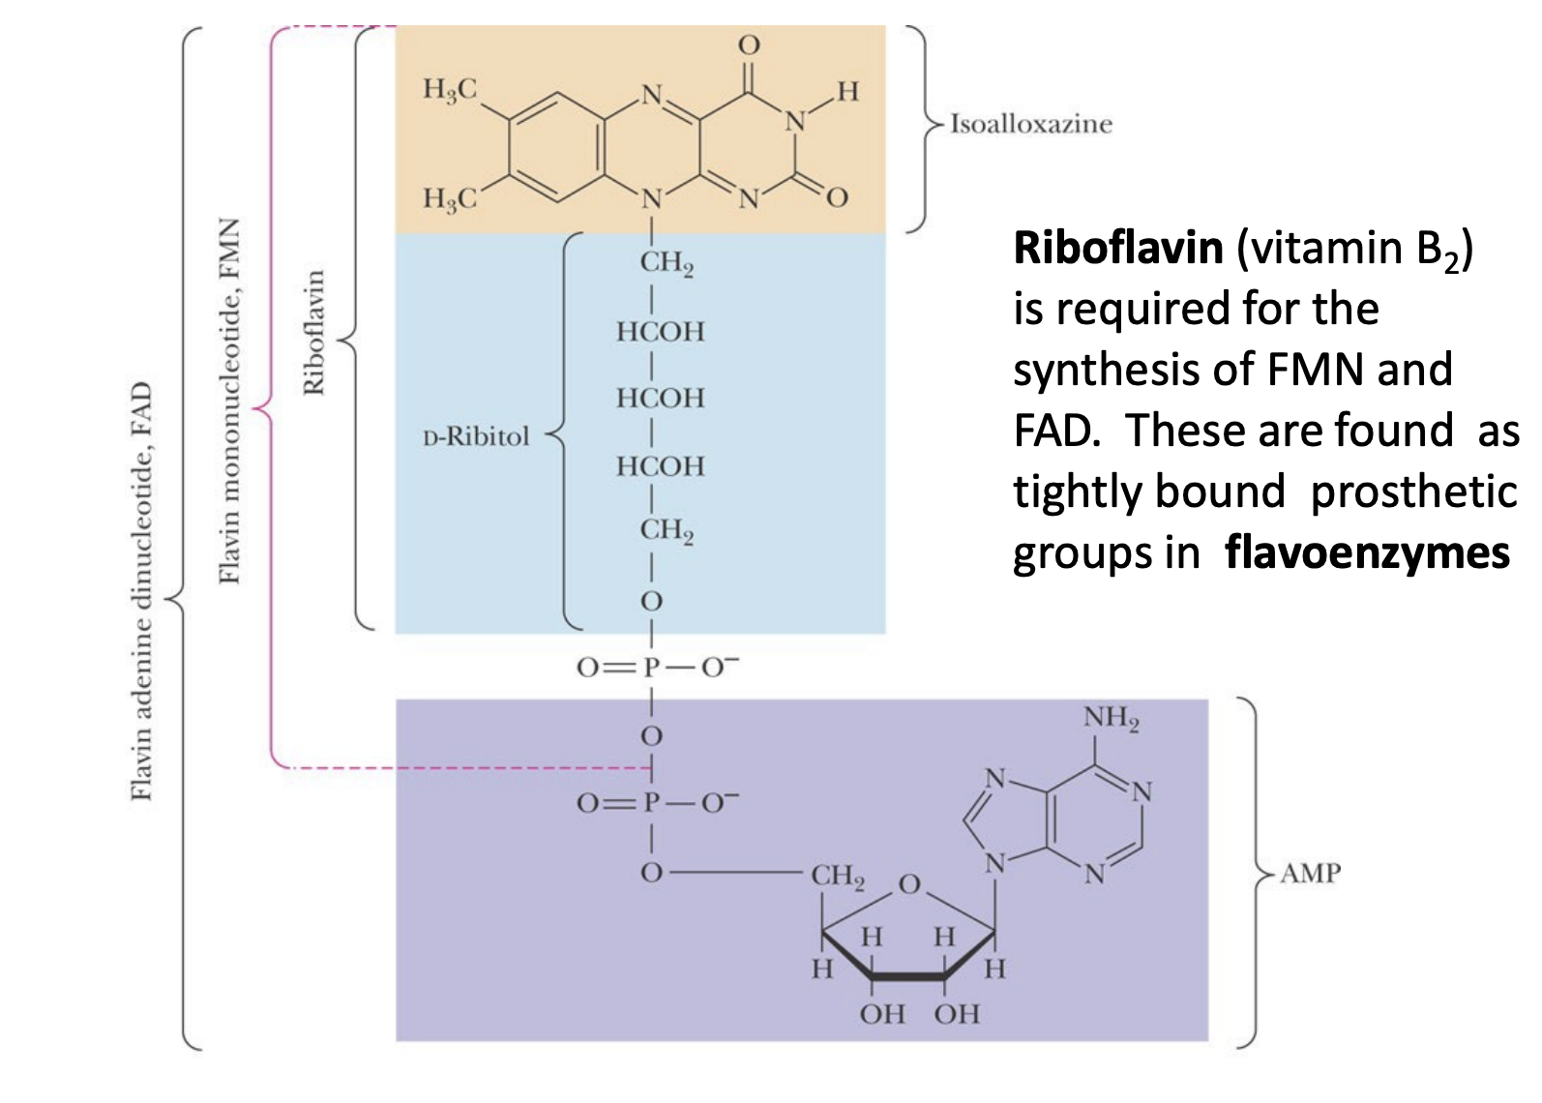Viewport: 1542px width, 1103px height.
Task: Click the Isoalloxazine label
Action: point(1030,124)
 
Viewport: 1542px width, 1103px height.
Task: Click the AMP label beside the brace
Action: point(1310,874)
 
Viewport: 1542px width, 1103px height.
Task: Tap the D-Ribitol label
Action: point(476,436)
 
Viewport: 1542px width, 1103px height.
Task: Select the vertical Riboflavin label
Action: point(313,332)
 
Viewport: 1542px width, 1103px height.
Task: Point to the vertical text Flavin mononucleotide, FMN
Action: point(229,401)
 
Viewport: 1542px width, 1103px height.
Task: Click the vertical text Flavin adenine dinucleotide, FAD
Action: point(141,591)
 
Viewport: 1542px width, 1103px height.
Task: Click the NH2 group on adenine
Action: point(1111,718)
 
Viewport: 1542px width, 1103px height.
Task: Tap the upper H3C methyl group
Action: point(450,90)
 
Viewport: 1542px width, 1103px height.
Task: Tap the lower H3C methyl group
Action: point(450,198)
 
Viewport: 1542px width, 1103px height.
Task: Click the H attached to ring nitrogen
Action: point(847,92)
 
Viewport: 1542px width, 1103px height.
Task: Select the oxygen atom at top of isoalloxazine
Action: point(749,45)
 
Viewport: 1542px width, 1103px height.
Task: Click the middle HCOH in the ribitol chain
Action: point(660,398)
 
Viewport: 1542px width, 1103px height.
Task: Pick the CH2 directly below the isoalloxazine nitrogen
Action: point(666,263)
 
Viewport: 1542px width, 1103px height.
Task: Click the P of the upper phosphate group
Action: point(651,668)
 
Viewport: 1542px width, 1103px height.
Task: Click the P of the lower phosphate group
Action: point(651,803)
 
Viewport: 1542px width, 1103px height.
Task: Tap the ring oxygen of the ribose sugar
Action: point(909,883)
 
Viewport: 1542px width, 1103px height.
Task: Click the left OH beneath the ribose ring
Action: point(881,1014)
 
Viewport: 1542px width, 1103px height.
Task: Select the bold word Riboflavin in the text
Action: point(1117,249)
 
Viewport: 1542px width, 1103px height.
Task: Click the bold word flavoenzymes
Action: point(1366,553)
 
